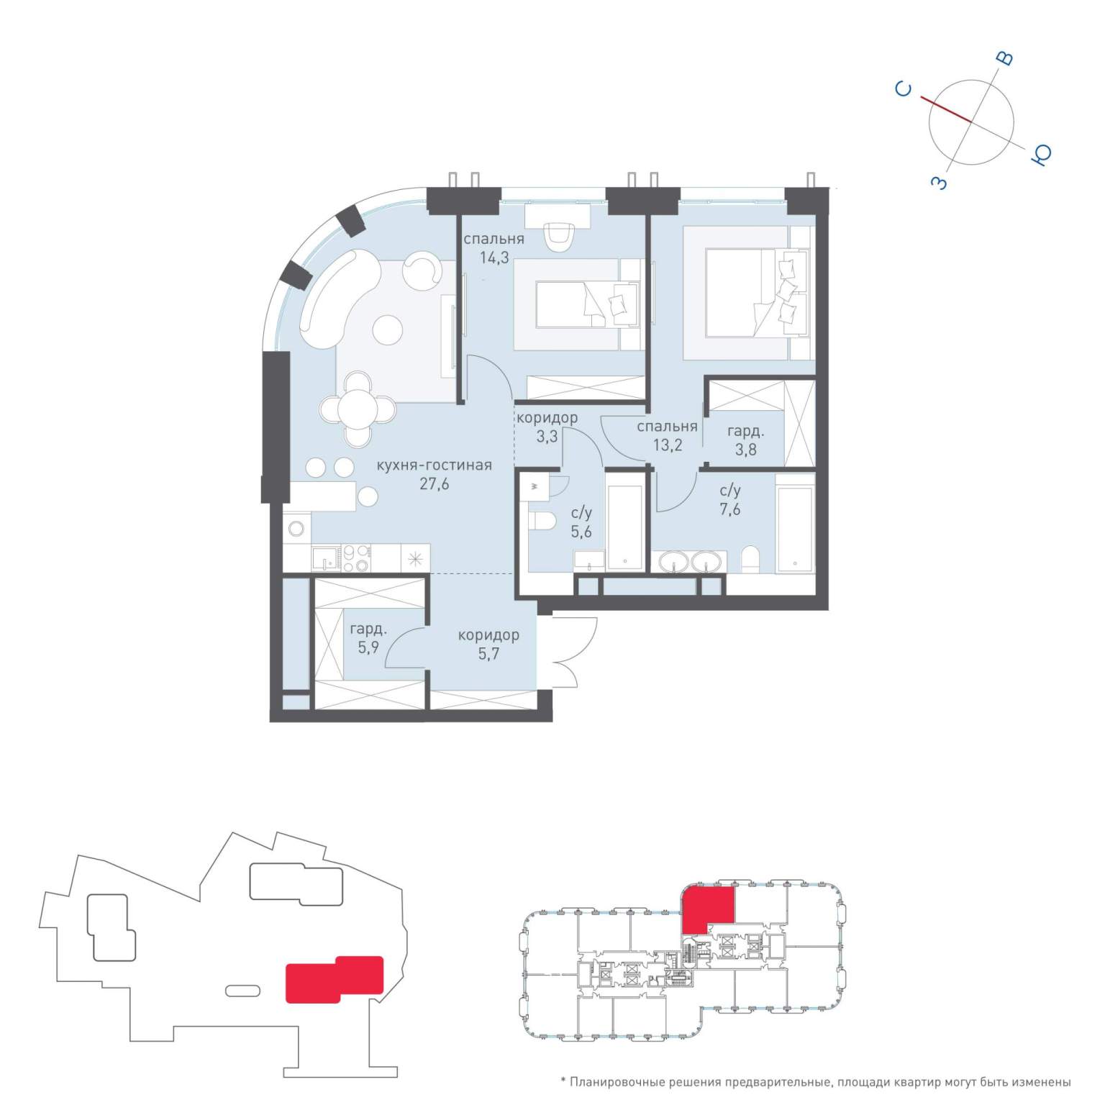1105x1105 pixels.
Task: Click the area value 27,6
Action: pos(435,484)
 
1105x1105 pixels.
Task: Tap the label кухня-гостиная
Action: pos(435,465)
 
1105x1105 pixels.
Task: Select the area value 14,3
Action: pos(495,258)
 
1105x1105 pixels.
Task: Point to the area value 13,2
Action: pos(667,445)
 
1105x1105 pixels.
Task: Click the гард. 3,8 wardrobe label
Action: pos(745,440)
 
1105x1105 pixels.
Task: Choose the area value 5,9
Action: pos(368,647)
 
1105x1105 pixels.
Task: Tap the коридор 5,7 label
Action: pos(488,645)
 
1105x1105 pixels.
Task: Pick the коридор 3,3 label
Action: pos(547,427)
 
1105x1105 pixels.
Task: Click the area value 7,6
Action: pos(730,510)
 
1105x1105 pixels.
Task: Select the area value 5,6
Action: pos(581,532)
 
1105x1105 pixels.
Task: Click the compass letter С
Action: pos(904,89)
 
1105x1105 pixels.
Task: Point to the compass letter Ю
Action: pos(1042,154)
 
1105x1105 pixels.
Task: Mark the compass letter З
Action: pos(940,183)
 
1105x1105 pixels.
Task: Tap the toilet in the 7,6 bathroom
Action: pos(750,559)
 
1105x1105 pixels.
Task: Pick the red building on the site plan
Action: pos(335,979)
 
